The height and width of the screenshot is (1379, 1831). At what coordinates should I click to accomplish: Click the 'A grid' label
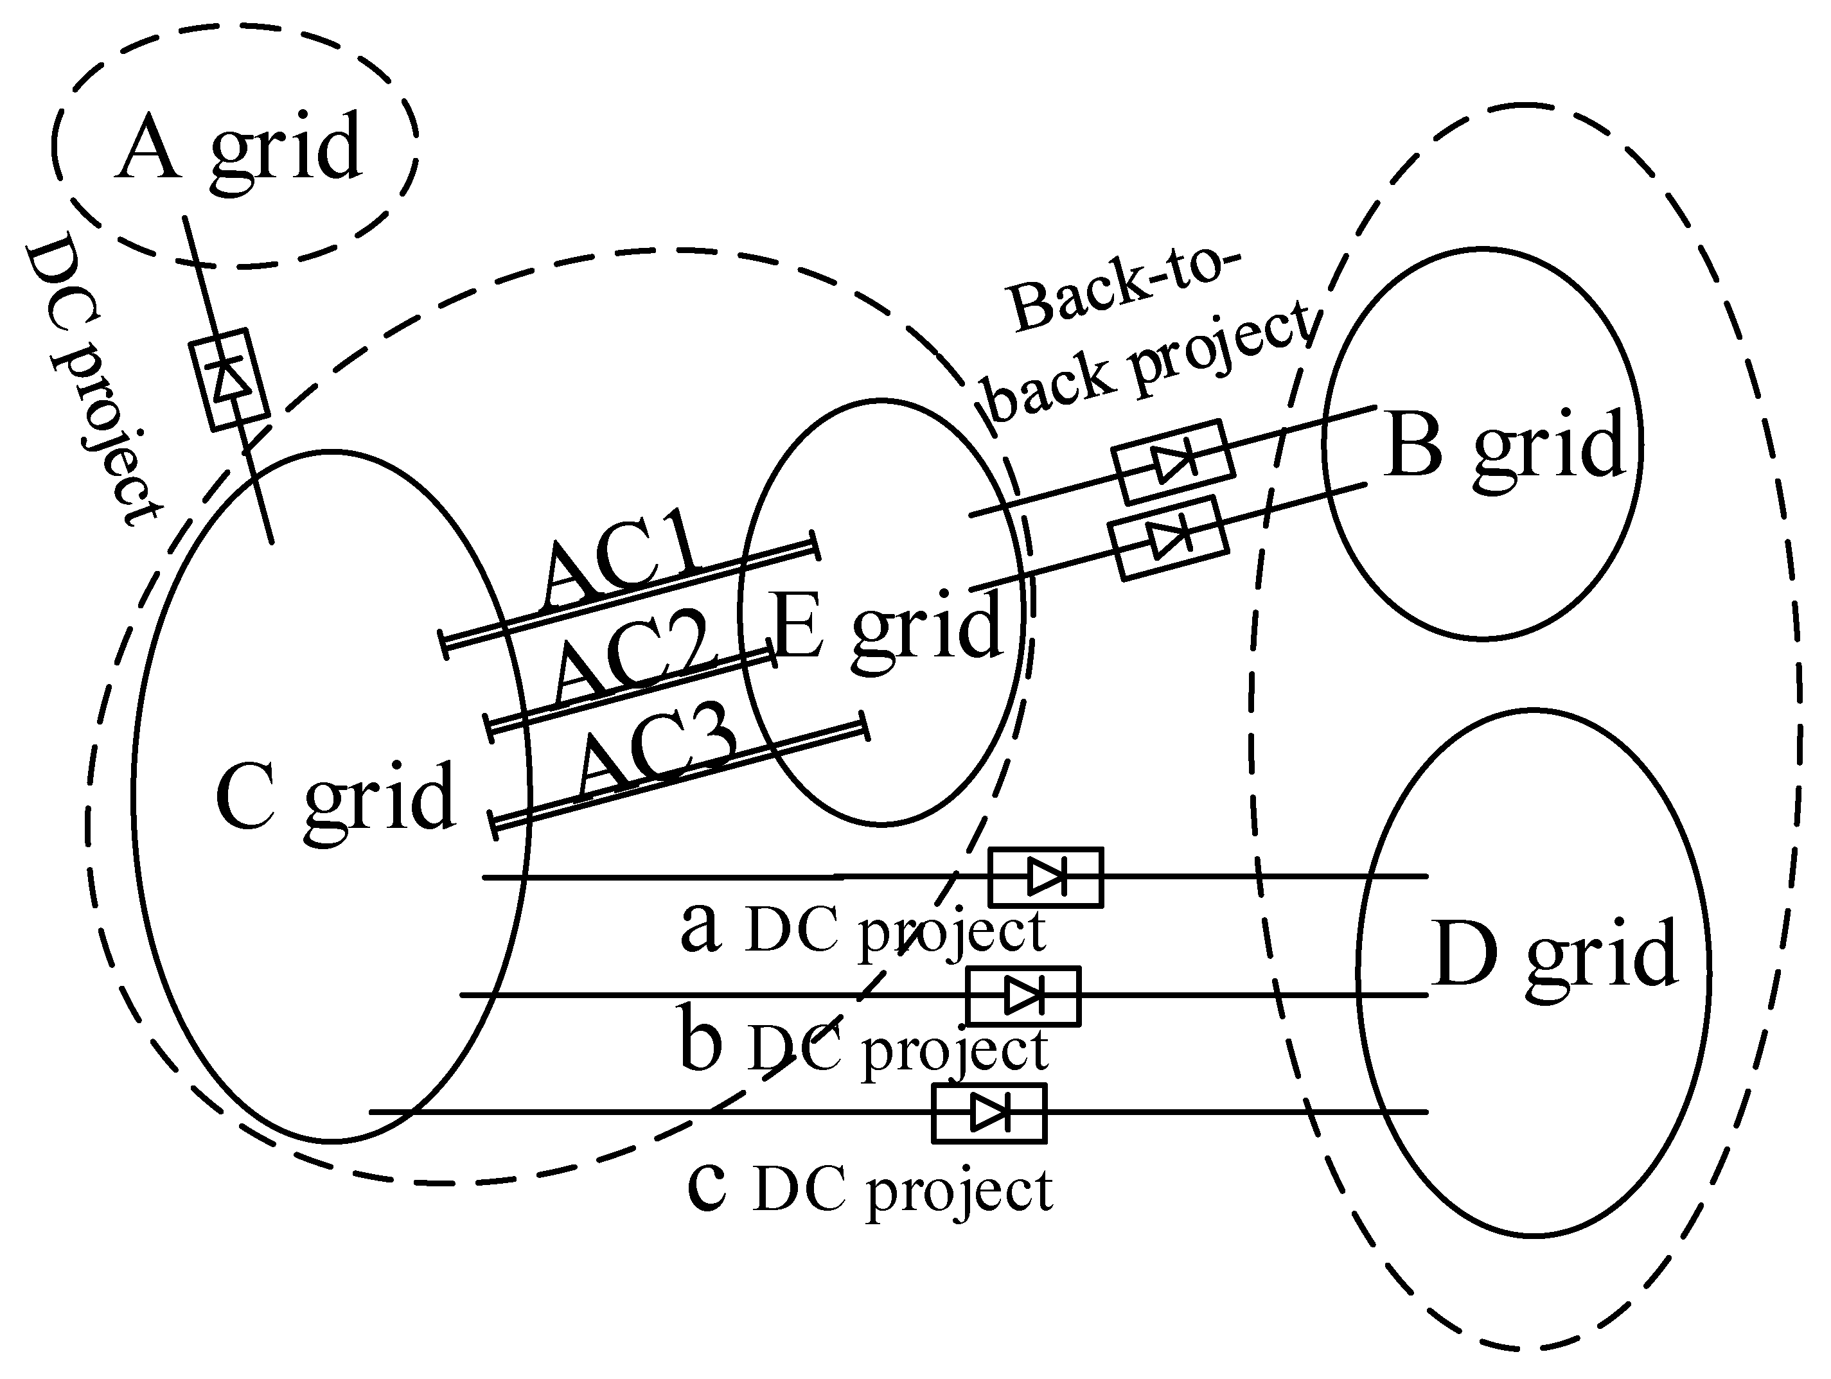pos(238,149)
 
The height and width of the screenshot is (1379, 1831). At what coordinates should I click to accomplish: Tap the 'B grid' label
pos(1502,447)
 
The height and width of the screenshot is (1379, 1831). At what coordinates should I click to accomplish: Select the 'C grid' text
pos(335,796)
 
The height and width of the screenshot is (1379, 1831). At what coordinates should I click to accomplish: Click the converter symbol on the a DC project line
pos(1045,877)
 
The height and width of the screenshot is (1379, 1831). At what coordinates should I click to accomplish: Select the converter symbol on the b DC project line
pos(1023,996)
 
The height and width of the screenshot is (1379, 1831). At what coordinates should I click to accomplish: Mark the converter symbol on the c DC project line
pos(989,1113)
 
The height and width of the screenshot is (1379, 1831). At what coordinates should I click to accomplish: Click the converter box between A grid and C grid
pos(229,380)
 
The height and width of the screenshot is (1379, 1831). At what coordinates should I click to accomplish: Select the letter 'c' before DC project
pos(706,1185)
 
